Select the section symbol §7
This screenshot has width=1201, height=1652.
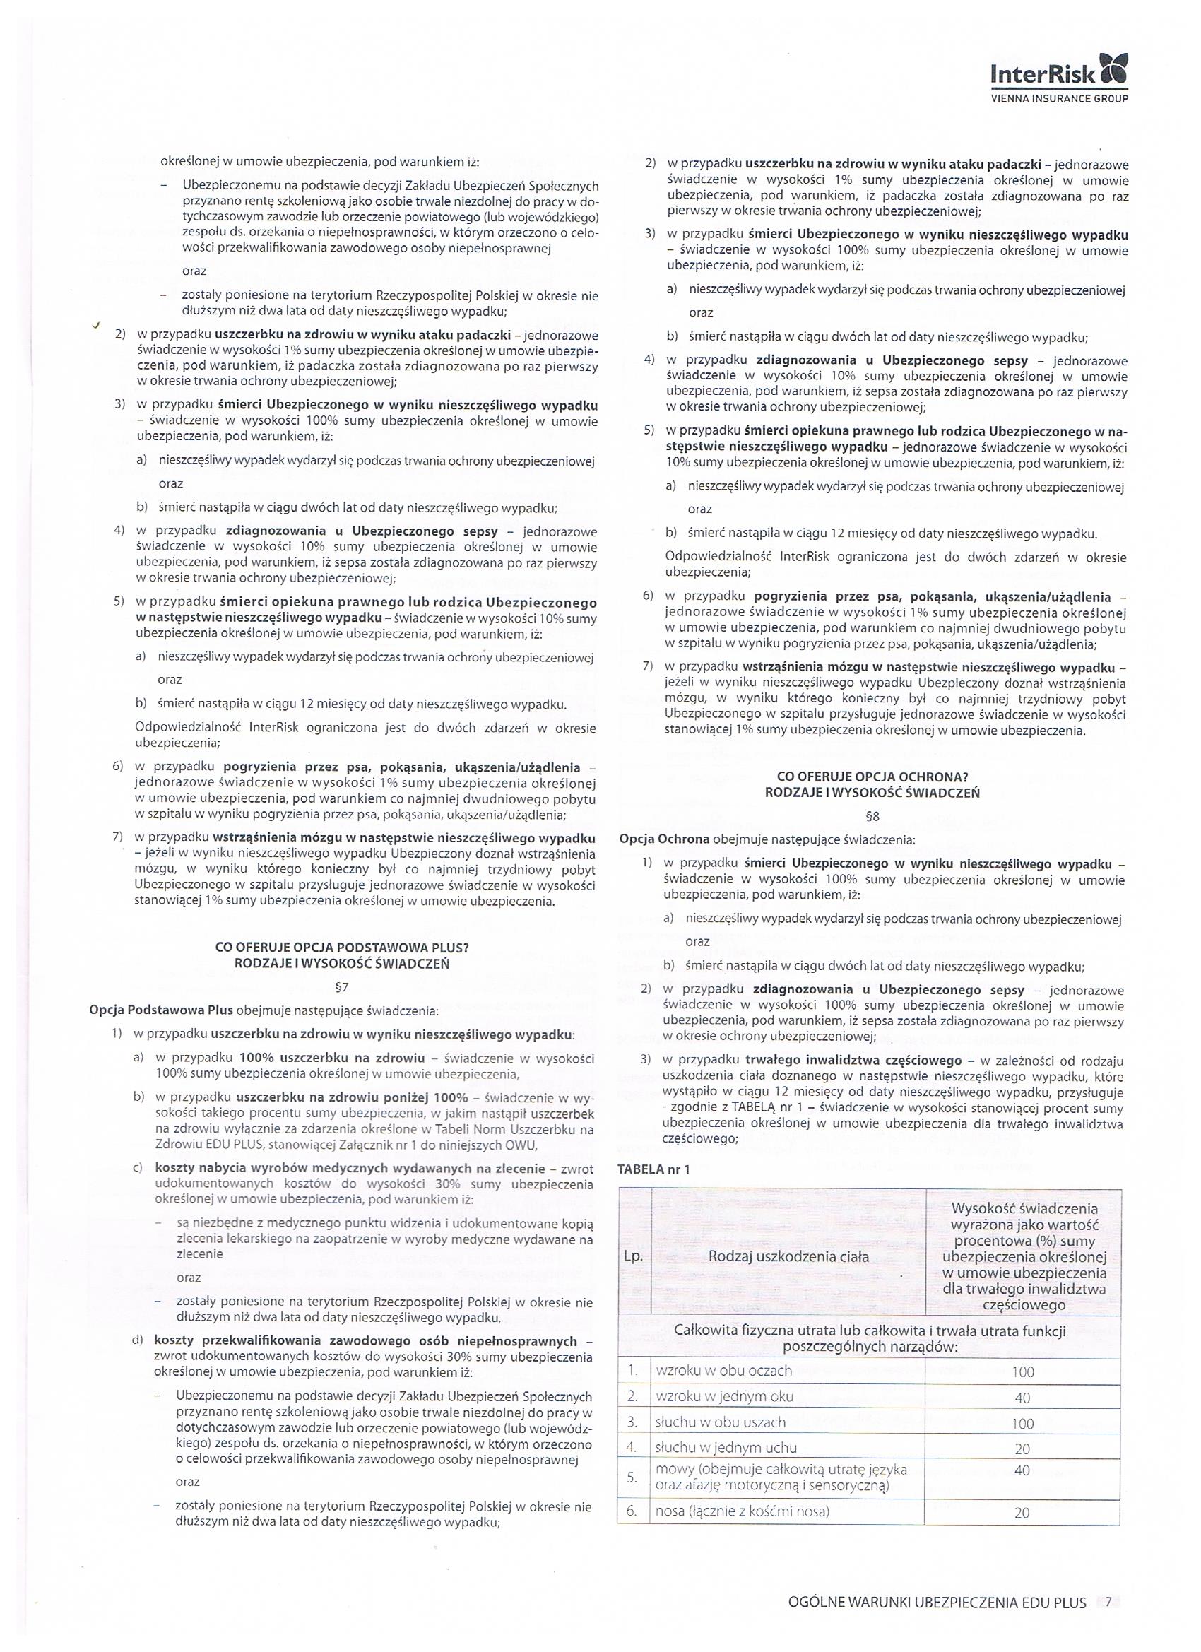click(342, 988)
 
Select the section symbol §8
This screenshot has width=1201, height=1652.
click(872, 817)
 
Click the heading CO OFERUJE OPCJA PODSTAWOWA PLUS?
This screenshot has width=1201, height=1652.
click(342, 948)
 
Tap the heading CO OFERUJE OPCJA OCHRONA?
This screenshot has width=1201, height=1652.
click(872, 777)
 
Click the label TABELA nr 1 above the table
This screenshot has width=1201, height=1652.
click(653, 1169)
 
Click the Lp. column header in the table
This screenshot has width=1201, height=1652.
click(633, 1256)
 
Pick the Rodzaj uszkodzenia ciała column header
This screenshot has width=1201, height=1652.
click(788, 1256)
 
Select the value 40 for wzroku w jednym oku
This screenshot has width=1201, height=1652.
click(1022, 1398)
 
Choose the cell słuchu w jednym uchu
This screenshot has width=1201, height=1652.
click(726, 1447)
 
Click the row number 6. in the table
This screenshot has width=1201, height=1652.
click(632, 1511)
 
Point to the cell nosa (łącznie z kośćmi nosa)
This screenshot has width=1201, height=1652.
click(743, 1511)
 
